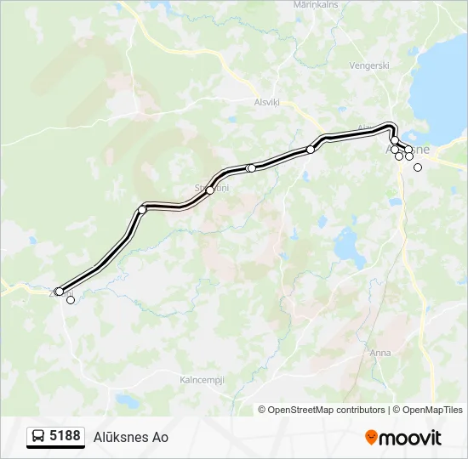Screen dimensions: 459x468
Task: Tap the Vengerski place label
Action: pos(369,65)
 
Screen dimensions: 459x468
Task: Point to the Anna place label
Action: pos(380,352)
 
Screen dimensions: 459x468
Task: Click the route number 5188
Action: pos(65,436)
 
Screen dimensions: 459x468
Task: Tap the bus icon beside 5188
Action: pos(38,437)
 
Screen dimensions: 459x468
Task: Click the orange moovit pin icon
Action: pos(371,438)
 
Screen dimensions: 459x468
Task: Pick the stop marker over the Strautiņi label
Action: pos(210,190)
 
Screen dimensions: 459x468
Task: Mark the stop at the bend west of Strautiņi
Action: pos(142,209)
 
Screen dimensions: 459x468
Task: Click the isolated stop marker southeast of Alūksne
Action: pos(418,167)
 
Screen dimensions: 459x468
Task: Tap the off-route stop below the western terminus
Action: pos(71,300)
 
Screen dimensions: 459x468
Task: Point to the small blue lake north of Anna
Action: pos(349,247)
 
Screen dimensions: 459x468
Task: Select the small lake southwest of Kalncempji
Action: pos(127,399)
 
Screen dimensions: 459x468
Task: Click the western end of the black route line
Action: pos(58,292)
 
